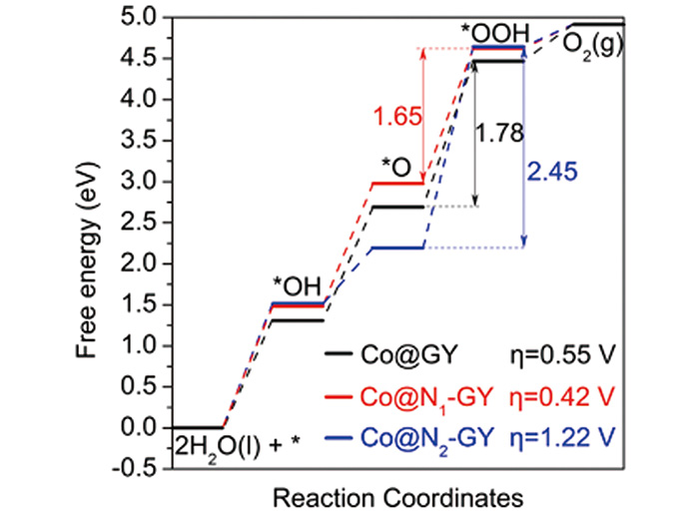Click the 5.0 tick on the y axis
[x=144, y=18]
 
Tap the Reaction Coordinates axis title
[x=396, y=496]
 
